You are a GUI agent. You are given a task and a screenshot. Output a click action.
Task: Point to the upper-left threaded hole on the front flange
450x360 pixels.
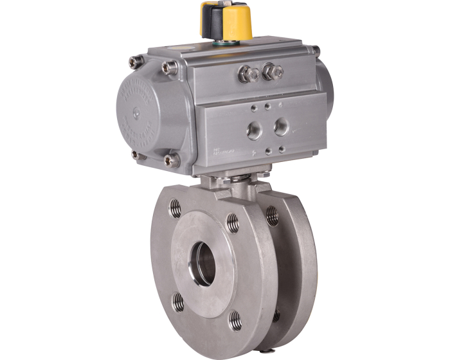pos(175,207)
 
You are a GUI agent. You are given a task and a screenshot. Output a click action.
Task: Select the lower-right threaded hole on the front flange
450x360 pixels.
pos(236,318)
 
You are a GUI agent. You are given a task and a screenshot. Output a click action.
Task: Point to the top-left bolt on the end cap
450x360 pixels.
pos(135,62)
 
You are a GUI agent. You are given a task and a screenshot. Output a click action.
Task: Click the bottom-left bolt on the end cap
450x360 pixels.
pos(136,154)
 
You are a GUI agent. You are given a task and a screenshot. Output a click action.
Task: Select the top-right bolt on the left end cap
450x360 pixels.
pos(168,66)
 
